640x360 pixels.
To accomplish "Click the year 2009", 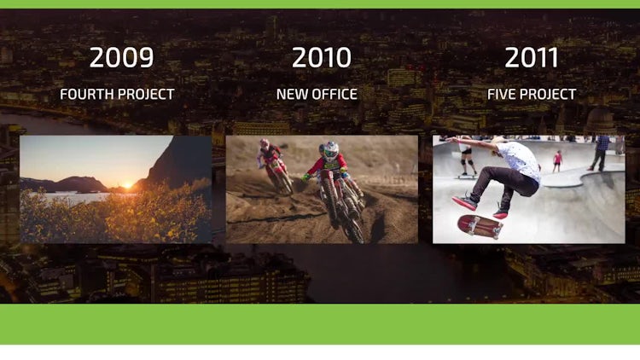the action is click(121, 57).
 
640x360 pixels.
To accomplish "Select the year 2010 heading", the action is click(322, 57).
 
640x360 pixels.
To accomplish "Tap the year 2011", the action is click(532, 57).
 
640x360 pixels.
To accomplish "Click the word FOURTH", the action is click(86, 95).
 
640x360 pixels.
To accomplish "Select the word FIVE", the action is click(501, 95).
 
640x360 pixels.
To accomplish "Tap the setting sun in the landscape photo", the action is click(128, 185).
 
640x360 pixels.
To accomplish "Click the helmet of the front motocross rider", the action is click(331, 150).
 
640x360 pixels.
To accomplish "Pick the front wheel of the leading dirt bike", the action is click(353, 229).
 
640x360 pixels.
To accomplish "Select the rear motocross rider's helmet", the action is click(265, 143).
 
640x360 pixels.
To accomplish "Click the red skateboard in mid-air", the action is click(480, 227).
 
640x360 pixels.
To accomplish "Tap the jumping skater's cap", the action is click(498, 141).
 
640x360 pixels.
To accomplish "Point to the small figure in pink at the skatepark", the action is click(557, 161).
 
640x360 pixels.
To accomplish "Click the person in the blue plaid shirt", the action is click(600, 153).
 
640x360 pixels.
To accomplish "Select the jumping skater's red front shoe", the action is click(464, 203).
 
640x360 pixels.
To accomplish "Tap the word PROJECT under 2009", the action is click(146, 95).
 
